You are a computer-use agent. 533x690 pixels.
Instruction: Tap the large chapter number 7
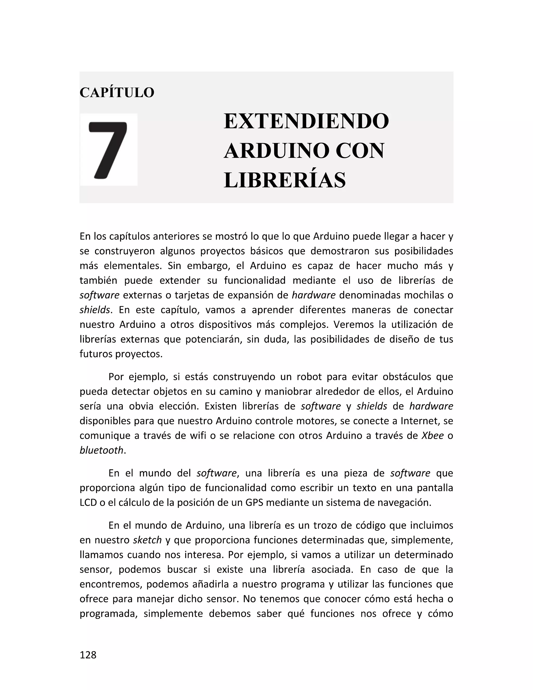point(108,150)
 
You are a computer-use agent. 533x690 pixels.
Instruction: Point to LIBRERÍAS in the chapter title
point(284,180)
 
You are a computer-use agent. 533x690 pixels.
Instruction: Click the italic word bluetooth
point(101,450)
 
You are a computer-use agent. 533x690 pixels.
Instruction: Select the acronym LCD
point(88,503)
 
